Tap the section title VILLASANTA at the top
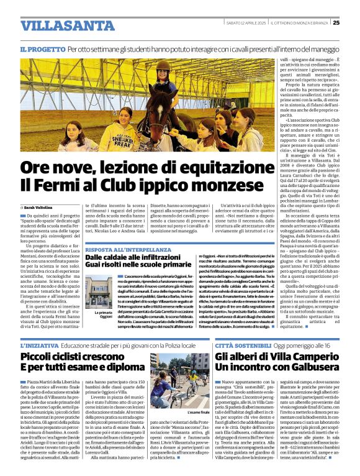click(58, 25)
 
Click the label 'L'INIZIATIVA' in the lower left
click(40, 343)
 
